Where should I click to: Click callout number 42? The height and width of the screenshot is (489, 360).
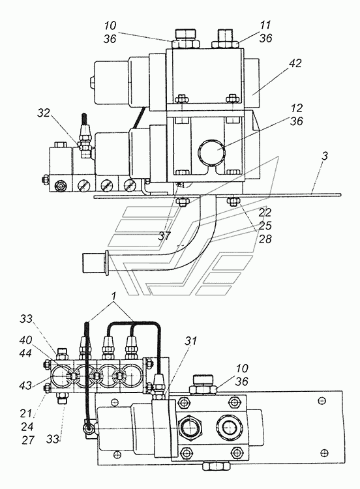tap(295, 63)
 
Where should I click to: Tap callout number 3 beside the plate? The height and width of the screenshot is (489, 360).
tap(325, 156)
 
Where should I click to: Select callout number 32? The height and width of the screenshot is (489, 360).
tap(44, 113)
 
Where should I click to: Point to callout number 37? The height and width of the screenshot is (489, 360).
tap(164, 236)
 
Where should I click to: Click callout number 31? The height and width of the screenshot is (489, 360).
tap(190, 341)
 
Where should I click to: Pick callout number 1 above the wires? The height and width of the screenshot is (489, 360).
tap(114, 296)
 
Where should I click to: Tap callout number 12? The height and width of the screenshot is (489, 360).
tap(296, 108)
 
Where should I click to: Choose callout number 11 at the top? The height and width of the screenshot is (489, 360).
tap(265, 25)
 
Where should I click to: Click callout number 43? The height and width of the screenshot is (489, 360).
tap(25, 385)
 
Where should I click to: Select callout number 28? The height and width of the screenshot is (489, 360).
tap(265, 239)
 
